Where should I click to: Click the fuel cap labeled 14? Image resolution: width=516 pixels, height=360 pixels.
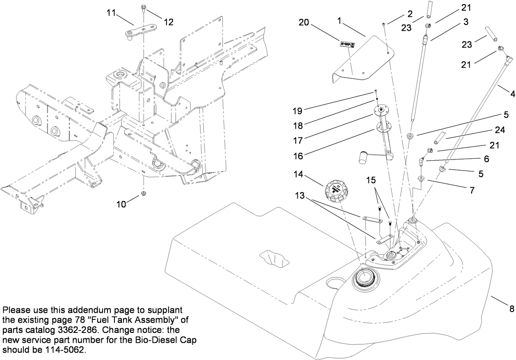coord(337,191)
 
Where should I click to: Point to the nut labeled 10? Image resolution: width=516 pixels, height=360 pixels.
coord(144,193)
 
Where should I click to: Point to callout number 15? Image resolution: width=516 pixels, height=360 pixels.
coord(371,180)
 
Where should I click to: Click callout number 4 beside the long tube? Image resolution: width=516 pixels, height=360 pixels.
coord(512,94)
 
